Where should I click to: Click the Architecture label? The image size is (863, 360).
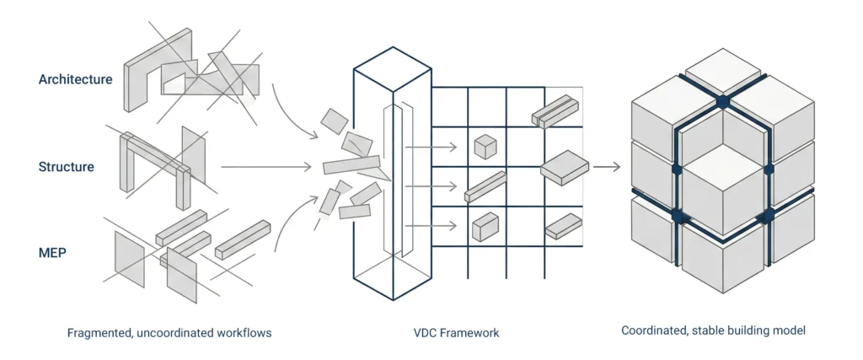[75, 79]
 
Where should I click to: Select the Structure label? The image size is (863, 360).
[66, 167]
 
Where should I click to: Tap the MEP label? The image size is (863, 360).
[52, 251]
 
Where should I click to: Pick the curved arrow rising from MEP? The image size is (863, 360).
[291, 219]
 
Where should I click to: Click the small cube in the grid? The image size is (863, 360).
[485, 147]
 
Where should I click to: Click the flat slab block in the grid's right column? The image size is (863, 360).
[564, 166]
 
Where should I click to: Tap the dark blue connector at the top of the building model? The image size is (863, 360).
[722, 102]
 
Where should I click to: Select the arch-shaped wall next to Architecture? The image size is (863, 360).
[158, 67]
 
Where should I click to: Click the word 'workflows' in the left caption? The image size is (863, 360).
[244, 333]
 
